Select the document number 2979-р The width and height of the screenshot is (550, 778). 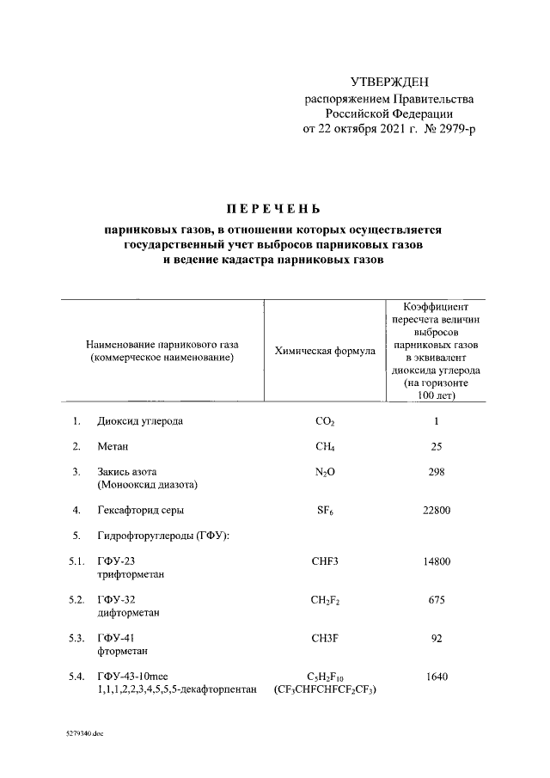pyautogui.click(x=455, y=129)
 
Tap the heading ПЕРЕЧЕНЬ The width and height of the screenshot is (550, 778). pyautogui.click(x=272, y=209)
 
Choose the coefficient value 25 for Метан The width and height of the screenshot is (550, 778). pyautogui.click(x=437, y=446)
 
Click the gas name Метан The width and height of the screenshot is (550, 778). pyautogui.click(x=113, y=446)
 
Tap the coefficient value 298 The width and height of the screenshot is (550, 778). pyautogui.click(x=437, y=471)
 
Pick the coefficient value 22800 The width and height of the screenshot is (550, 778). pyautogui.click(x=437, y=510)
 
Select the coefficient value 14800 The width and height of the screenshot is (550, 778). pyautogui.click(x=437, y=561)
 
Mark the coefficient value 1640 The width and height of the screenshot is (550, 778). pyautogui.click(x=437, y=677)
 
